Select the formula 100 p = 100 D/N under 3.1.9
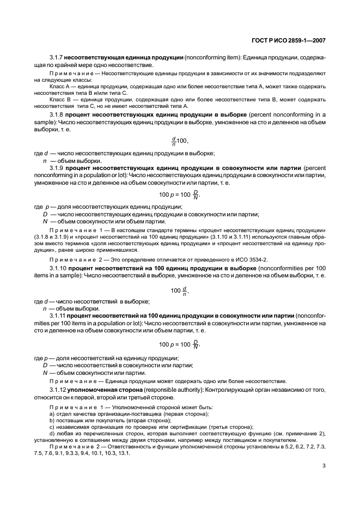[x=179, y=195]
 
